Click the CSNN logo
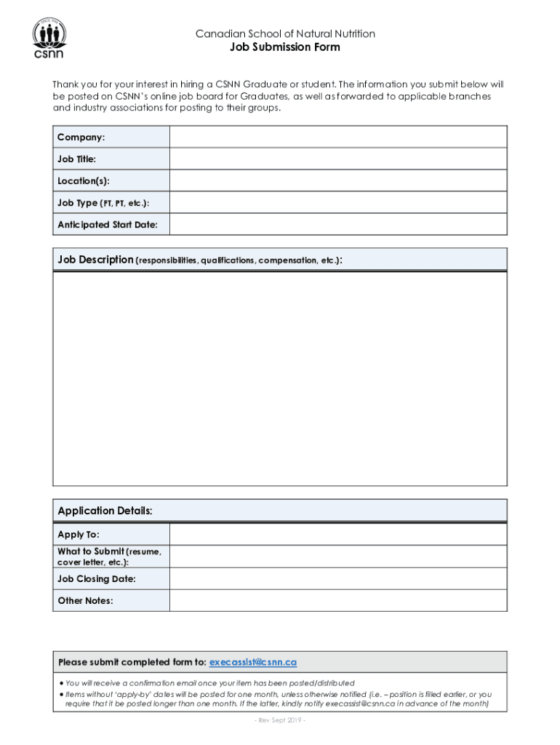49,39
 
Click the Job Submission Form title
284,47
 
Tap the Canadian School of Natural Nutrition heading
284,33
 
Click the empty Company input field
338,137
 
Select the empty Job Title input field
338,159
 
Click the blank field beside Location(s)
338,180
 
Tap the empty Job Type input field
338,202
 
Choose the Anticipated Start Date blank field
338,224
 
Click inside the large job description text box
280,378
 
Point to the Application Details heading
105,511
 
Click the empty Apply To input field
338,535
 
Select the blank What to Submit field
338,557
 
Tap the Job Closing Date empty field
338,578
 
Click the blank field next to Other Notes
338,600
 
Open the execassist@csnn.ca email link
253,662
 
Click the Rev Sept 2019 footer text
280,720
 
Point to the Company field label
81,138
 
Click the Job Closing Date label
97,579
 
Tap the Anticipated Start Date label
107,225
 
